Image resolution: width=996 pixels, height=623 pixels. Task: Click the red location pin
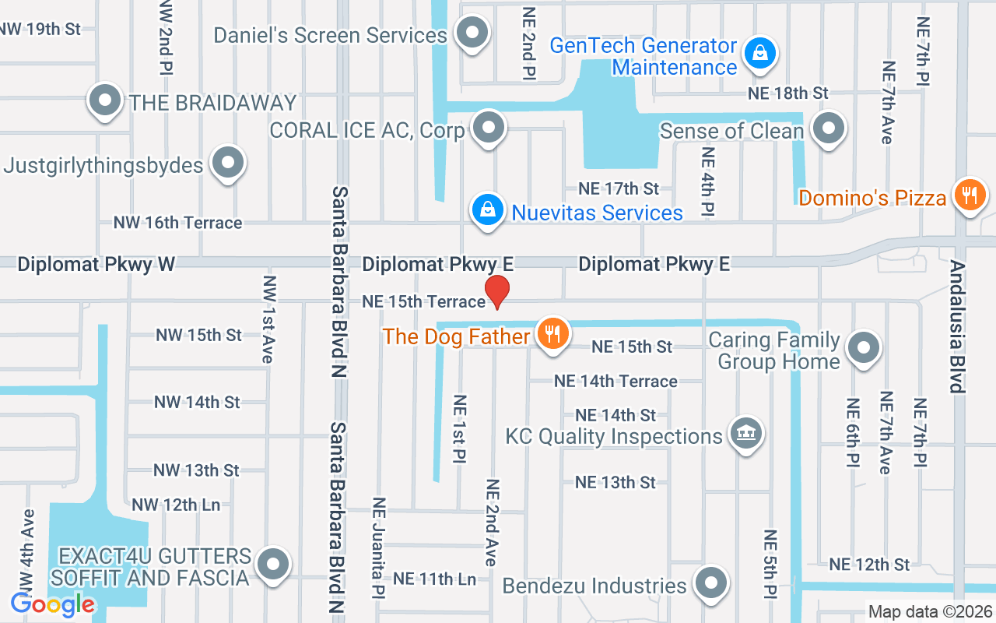tap(497, 291)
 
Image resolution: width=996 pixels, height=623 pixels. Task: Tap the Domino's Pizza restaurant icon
tap(970, 195)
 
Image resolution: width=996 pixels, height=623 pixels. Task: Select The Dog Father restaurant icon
tap(553, 334)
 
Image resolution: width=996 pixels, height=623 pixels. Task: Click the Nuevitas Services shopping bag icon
tap(487, 210)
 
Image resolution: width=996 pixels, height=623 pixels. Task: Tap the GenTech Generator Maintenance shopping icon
tap(756, 54)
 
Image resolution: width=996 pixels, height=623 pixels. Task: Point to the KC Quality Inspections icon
tap(745, 433)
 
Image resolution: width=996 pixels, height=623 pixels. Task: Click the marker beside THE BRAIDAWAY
tap(104, 100)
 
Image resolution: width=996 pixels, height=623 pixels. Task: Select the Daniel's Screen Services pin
tap(472, 33)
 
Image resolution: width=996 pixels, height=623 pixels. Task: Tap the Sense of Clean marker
tap(829, 128)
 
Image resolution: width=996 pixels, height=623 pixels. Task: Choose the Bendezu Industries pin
tap(710, 583)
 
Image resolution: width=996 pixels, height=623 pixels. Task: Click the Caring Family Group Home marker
tap(862, 348)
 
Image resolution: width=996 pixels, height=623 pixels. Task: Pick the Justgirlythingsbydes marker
tap(228, 164)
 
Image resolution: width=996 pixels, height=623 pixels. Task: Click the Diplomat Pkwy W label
tap(96, 264)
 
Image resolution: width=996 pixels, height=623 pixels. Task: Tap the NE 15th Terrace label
tap(423, 301)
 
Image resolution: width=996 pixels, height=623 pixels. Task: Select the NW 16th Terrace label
tap(178, 223)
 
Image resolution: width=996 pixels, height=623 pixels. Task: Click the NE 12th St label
tap(869, 564)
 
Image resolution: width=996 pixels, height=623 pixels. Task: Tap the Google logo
tap(53, 604)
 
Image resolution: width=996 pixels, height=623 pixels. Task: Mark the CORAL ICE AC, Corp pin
tap(489, 128)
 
